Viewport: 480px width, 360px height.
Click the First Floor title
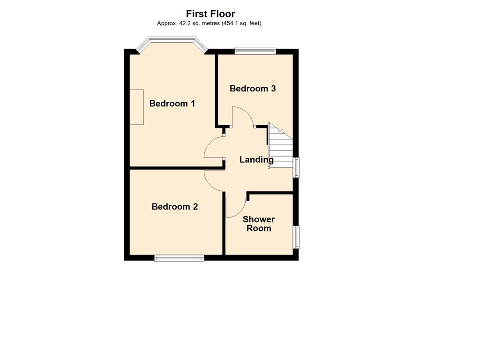coord(210,14)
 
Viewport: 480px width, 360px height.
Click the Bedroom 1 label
coord(172,104)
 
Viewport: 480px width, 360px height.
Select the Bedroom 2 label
coord(175,207)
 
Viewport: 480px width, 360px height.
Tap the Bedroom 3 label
coord(253,89)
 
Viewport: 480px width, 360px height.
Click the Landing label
coord(256,159)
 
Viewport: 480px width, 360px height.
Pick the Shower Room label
coord(259,224)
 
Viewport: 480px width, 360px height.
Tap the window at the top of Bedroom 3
coord(255,51)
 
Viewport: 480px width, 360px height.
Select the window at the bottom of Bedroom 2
coord(179,258)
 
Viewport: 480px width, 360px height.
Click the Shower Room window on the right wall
coord(296,237)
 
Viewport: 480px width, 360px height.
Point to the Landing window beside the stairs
coord(296,167)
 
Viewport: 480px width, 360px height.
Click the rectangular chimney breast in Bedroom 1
coord(136,107)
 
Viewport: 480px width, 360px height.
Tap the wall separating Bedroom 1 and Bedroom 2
coord(176,168)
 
